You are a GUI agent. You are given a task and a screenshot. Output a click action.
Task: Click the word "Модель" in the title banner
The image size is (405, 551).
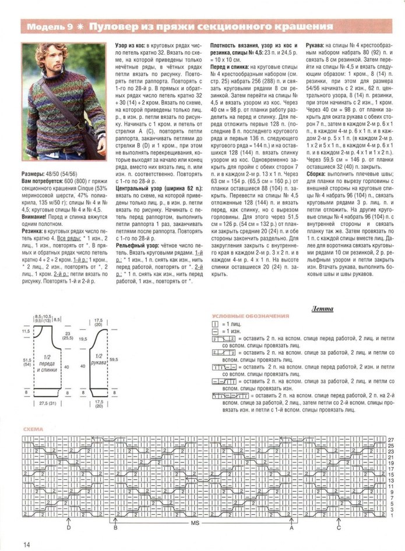click(x=45, y=27)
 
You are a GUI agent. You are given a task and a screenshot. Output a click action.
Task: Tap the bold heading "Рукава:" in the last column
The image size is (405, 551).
click(x=319, y=45)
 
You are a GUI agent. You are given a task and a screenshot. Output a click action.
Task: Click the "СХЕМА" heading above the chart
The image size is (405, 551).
click(x=33, y=429)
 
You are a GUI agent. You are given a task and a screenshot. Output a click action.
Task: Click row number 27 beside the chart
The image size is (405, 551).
click(x=391, y=439)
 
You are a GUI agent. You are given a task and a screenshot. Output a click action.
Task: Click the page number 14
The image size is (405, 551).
click(x=27, y=544)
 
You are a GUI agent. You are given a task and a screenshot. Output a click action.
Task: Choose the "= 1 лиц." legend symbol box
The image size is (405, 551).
click(x=214, y=323)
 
